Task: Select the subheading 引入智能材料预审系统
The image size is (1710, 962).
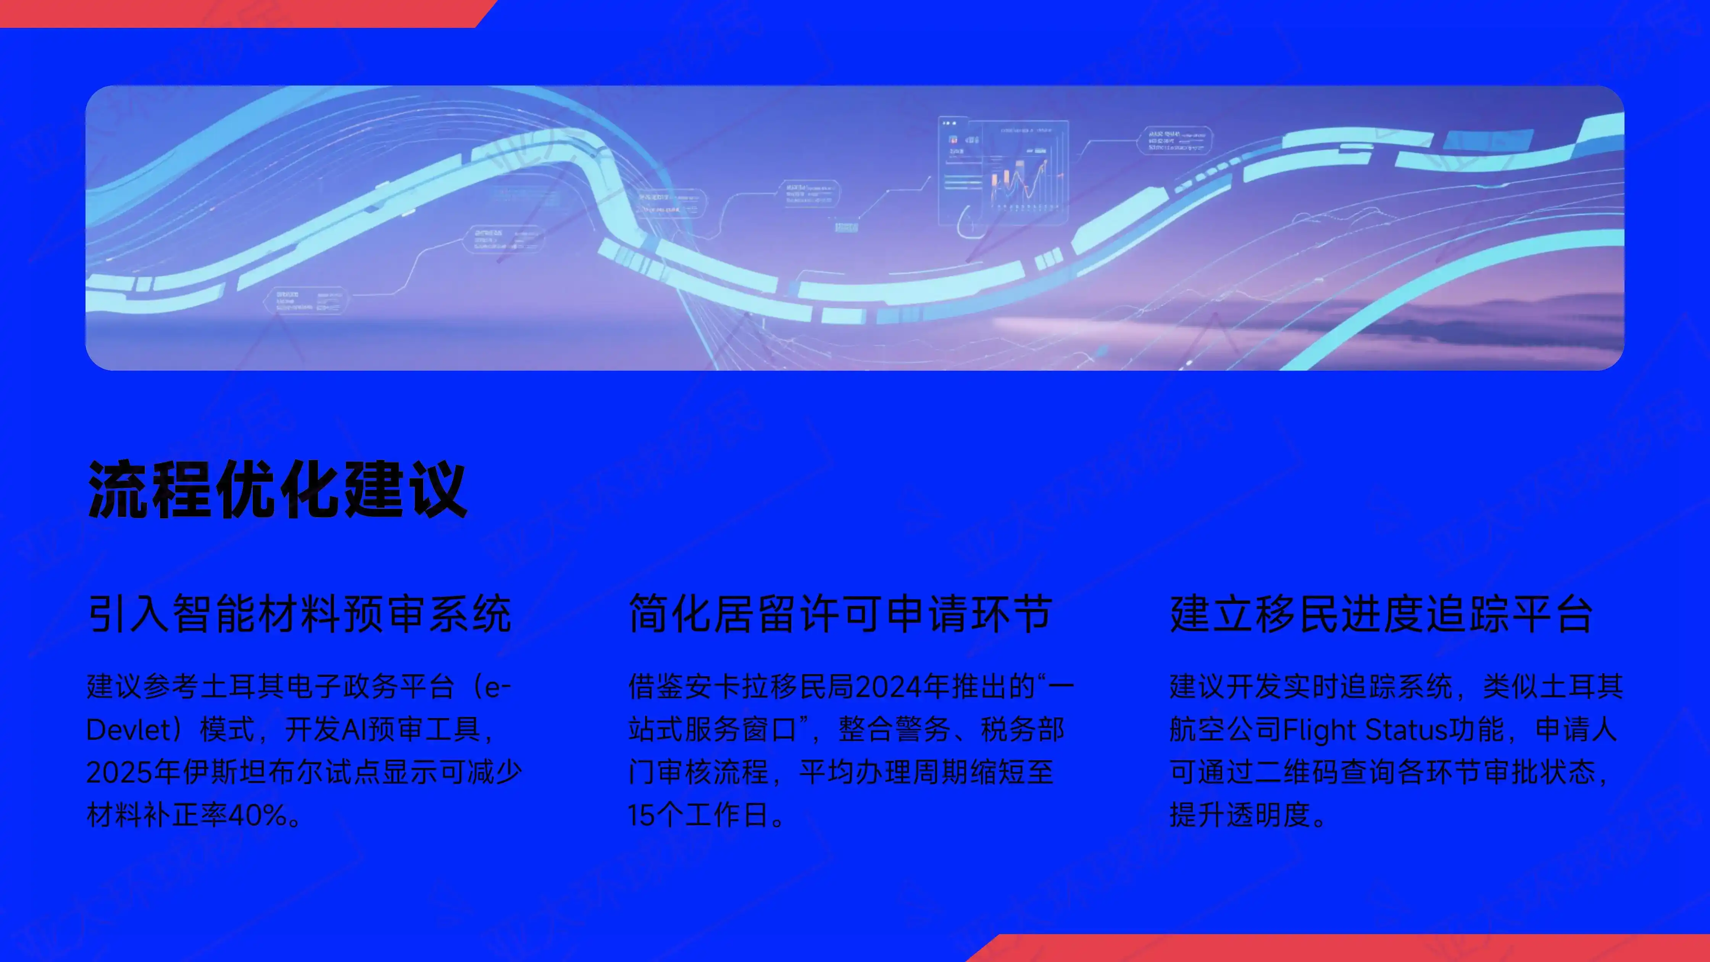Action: click(x=299, y=614)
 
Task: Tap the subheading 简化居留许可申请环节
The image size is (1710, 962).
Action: click(x=840, y=614)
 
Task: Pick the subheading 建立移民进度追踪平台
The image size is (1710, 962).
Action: click(x=1381, y=614)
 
